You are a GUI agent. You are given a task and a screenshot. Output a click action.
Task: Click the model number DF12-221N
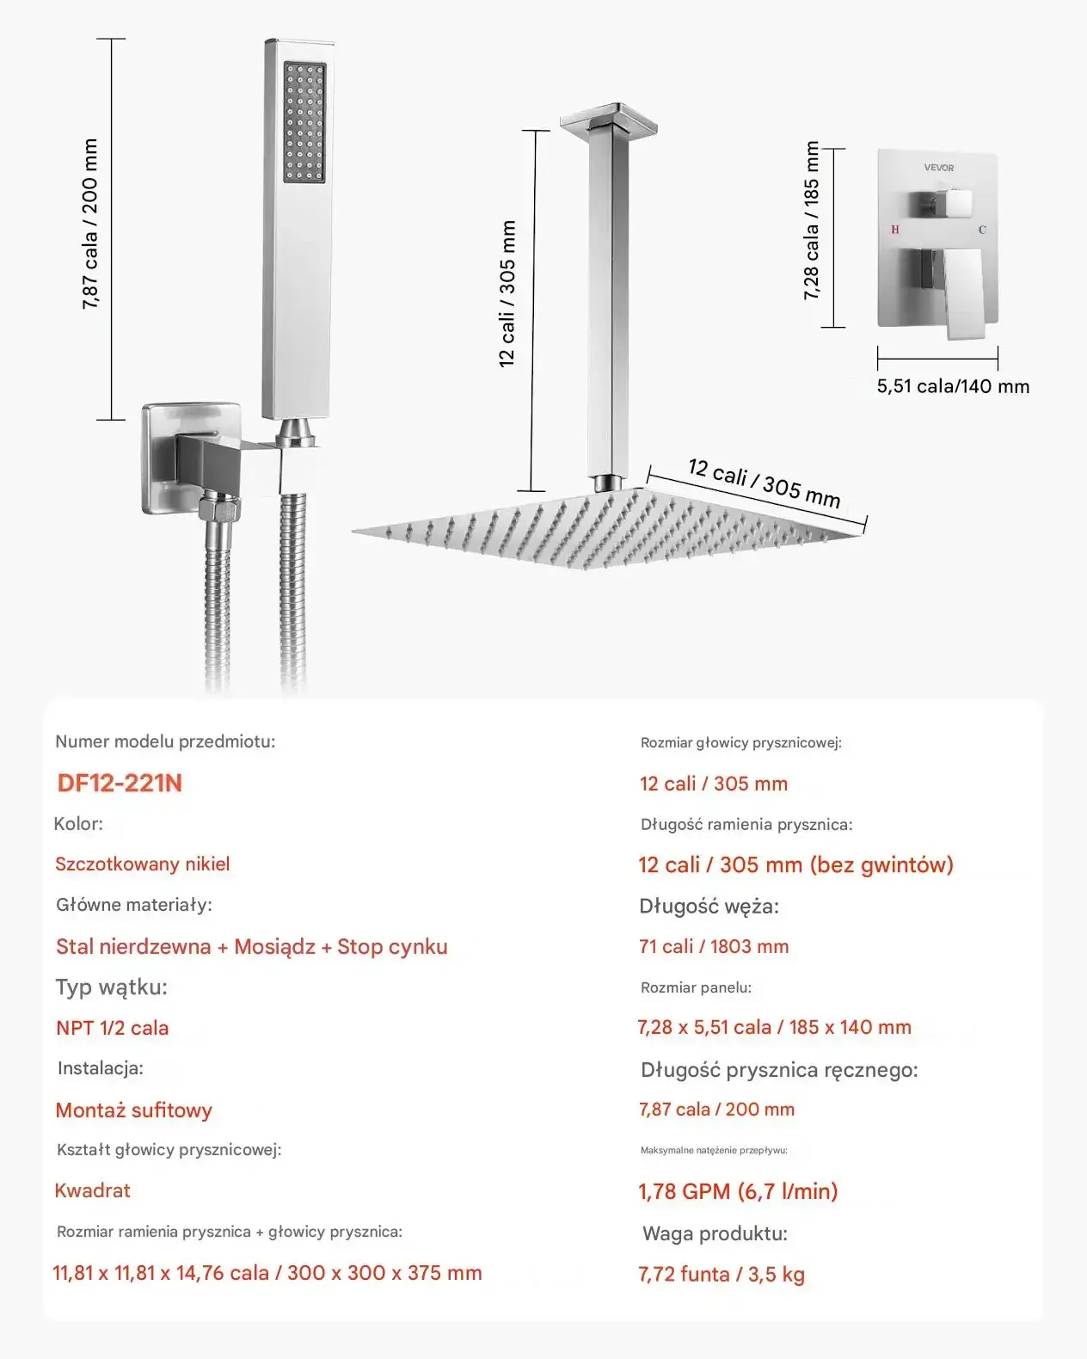[x=120, y=783]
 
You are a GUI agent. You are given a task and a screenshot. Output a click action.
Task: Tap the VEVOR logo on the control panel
[x=938, y=168]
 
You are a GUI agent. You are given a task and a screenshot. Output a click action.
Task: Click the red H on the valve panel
[x=895, y=230]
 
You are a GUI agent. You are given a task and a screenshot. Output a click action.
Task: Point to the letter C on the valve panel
[x=982, y=230]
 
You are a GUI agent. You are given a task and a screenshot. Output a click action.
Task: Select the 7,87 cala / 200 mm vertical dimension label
[x=90, y=224]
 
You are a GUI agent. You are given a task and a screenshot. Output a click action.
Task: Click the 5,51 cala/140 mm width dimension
[x=953, y=386]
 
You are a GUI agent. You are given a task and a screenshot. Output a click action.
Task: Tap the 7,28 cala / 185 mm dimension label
[x=811, y=222]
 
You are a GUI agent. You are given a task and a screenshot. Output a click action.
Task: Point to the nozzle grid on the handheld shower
[x=304, y=121]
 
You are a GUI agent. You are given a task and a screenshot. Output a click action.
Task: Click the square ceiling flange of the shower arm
[x=609, y=119]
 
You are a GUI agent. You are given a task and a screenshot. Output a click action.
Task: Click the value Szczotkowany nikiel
[x=143, y=864]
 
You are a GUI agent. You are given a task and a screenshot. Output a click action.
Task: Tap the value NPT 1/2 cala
[x=112, y=1028]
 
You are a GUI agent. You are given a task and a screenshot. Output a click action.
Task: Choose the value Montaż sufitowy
[x=133, y=1110]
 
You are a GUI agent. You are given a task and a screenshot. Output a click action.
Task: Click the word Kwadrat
[x=92, y=1190]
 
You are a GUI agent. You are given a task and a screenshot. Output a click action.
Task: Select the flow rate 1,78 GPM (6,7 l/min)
[x=738, y=1191]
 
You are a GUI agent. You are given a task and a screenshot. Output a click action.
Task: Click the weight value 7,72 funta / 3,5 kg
[x=722, y=1274]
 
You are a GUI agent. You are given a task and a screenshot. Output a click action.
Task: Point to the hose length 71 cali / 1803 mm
[x=714, y=946]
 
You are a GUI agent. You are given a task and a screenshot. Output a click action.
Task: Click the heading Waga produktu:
[x=715, y=1233]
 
